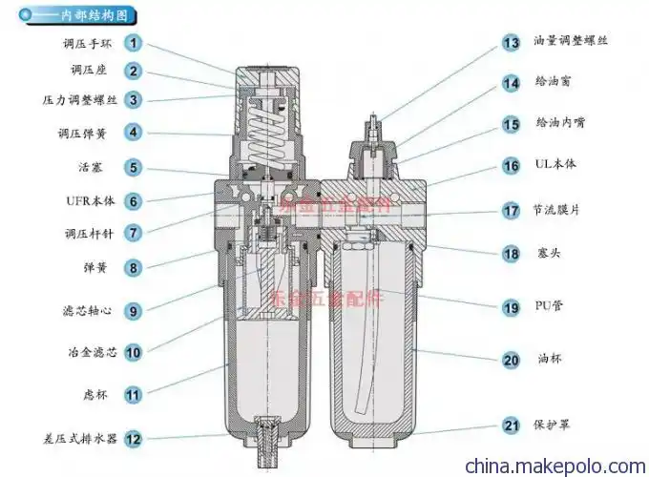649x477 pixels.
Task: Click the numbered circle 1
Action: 134,43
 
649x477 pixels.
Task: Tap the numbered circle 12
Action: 134,439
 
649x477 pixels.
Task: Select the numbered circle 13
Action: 512,42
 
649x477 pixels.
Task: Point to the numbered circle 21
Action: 512,425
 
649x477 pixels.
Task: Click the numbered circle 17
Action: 512,210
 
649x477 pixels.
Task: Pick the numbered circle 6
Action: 134,201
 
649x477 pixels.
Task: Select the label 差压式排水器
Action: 80,439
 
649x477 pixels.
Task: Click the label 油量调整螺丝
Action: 570,42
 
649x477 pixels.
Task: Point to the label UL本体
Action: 556,165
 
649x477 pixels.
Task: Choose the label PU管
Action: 551,307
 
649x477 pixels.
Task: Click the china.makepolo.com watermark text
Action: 554,466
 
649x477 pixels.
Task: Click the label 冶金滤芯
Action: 93,352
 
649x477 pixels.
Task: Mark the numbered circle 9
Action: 134,310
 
